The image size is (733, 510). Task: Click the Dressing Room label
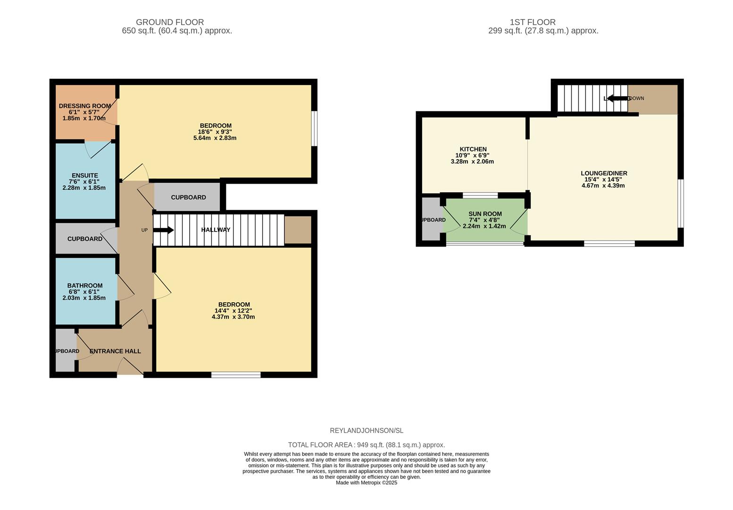click(85, 106)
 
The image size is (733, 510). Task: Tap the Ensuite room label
click(85, 176)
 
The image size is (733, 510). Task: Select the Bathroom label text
click(85, 286)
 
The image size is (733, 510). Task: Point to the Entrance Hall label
click(115, 351)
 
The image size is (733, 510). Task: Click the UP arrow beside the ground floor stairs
click(164, 230)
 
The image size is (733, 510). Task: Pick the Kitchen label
click(473, 149)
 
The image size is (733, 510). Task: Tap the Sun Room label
click(485, 214)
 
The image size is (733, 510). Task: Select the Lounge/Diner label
click(604, 173)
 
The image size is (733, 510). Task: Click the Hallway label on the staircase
click(216, 230)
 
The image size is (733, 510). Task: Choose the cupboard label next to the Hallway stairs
click(188, 197)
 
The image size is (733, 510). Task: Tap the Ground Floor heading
click(170, 22)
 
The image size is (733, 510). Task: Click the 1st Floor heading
click(533, 22)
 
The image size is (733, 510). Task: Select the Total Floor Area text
click(366, 445)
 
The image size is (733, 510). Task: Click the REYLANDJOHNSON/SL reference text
click(366, 431)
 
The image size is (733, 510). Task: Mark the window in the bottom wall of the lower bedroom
click(236, 375)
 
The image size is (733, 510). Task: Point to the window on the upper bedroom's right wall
click(314, 128)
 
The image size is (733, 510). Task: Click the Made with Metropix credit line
click(366, 483)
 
